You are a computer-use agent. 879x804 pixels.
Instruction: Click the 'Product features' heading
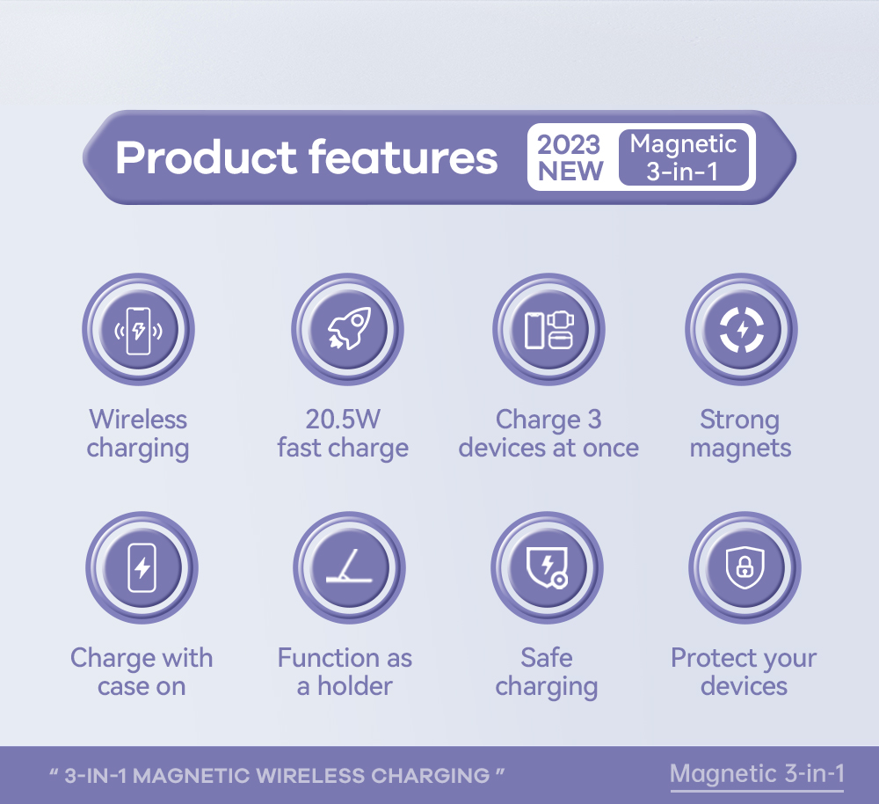tap(306, 157)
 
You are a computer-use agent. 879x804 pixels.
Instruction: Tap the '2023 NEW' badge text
tap(570, 157)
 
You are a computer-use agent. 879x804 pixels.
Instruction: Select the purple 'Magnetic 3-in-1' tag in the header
tap(683, 157)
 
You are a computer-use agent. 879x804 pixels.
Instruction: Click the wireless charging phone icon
tap(138, 330)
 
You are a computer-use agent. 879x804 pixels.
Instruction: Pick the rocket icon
tap(348, 330)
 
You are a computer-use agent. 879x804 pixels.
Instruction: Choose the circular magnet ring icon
tap(741, 330)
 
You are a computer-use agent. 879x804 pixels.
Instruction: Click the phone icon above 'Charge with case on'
tap(142, 567)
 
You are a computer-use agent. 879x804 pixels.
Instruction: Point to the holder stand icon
tap(349, 567)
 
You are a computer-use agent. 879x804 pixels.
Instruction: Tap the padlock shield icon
tap(745, 567)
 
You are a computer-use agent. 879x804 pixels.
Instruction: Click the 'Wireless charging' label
tap(138, 434)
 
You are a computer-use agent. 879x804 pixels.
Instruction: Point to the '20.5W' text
tap(343, 419)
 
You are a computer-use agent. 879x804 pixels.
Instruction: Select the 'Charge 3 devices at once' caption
tap(548, 434)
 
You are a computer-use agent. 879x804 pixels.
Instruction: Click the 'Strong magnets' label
tap(740, 434)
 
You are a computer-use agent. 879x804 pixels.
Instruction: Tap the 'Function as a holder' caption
tap(345, 672)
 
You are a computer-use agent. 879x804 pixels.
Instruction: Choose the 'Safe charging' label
tap(547, 672)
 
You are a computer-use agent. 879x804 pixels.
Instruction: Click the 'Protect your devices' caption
tap(744, 672)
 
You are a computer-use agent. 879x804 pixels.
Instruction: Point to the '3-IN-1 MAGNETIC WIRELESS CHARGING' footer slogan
tap(277, 776)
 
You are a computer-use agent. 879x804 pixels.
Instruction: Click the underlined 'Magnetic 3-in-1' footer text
tap(757, 774)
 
